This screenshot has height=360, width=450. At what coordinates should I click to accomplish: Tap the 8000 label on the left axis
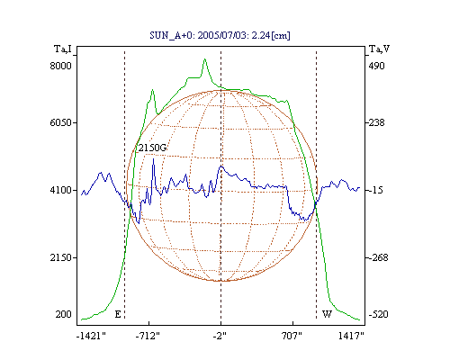coord(60,66)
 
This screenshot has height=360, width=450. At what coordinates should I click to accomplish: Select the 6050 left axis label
coord(60,122)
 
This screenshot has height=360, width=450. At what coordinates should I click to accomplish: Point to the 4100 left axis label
coord(60,190)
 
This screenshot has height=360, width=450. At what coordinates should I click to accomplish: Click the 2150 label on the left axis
coord(60,257)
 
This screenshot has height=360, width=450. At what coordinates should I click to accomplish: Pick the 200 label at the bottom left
coord(63,314)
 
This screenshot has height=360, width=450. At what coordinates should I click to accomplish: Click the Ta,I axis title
coord(63,49)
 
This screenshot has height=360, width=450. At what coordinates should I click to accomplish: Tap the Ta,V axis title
coord(379,49)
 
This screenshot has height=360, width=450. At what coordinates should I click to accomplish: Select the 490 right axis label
coord(376,66)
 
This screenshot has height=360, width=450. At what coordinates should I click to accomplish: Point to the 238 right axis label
coord(376,122)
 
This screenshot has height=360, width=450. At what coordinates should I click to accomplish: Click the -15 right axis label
coord(376,190)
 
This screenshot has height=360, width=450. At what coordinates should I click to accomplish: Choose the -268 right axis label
coord(378,257)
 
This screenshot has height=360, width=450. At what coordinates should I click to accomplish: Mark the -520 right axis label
coord(378,314)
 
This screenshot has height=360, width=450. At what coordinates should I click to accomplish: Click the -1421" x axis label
coord(91,336)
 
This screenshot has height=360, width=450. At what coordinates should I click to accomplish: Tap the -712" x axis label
coord(148,336)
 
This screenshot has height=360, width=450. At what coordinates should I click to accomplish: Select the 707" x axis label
coord(292,336)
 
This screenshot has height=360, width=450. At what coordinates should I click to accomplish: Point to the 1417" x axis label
coord(351,336)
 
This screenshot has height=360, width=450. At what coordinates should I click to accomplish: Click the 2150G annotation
coord(152,148)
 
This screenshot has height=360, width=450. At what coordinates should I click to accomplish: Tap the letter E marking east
coord(118,314)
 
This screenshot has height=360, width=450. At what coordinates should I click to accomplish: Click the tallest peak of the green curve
coord(205,59)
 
